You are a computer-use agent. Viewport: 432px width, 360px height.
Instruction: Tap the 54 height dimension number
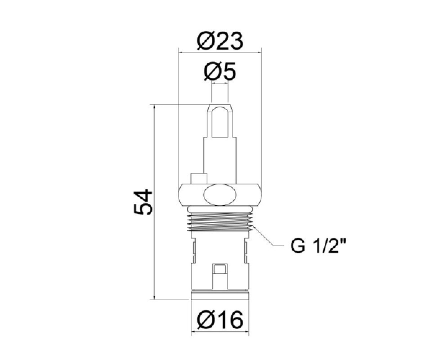(143, 202)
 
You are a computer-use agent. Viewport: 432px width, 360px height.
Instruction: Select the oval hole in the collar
(220, 195)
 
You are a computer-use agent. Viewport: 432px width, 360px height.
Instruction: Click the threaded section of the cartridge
(220, 222)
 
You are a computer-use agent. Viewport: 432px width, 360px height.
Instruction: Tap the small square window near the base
(220, 269)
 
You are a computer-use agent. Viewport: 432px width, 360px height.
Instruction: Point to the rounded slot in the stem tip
(220, 122)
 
